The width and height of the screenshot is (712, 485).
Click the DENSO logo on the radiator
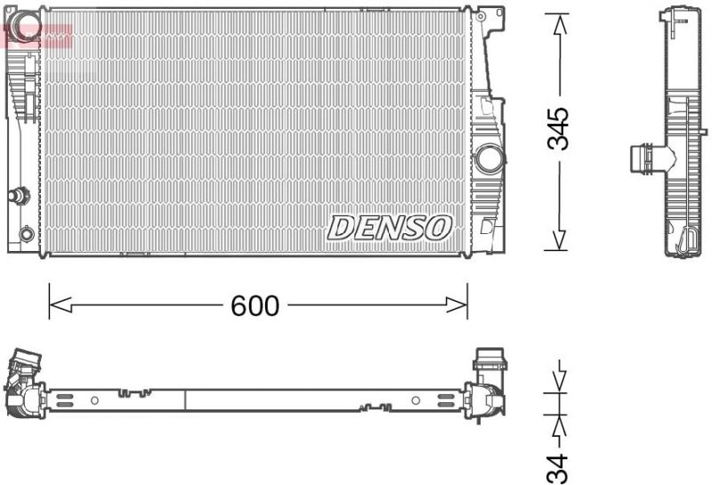click(390, 227)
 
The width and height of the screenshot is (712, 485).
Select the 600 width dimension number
click(255, 306)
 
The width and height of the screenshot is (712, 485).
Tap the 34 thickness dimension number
click(558, 467)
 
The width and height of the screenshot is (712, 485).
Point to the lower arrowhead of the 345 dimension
click(558, 239)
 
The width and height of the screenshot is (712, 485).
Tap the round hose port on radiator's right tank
click(489, 159)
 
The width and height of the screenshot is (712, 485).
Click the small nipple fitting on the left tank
click(17, 195)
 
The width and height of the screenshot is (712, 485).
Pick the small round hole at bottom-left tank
click(27, 234)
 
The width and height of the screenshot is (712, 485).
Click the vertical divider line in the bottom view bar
click(184, 400)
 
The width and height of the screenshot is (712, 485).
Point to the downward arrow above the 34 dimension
click(558, 378)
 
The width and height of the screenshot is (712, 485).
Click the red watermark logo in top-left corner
click(36, 36)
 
